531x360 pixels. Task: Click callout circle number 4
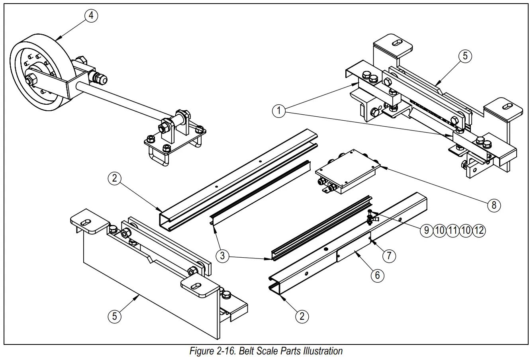(91, 16)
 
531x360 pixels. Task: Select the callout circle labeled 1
(279, 110)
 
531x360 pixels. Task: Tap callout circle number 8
(494, 205)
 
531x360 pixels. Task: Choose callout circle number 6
(377, 275)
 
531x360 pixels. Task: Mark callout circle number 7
(389, 256)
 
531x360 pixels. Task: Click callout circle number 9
(427, 230)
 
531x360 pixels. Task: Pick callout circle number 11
(453, 230)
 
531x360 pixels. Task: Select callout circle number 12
(479, 230)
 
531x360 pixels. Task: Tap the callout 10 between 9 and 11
(440, 230)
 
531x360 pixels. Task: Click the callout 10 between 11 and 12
(466, 230)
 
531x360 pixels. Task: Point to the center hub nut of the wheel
(30, 80)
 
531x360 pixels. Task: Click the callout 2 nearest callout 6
(302, 316)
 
